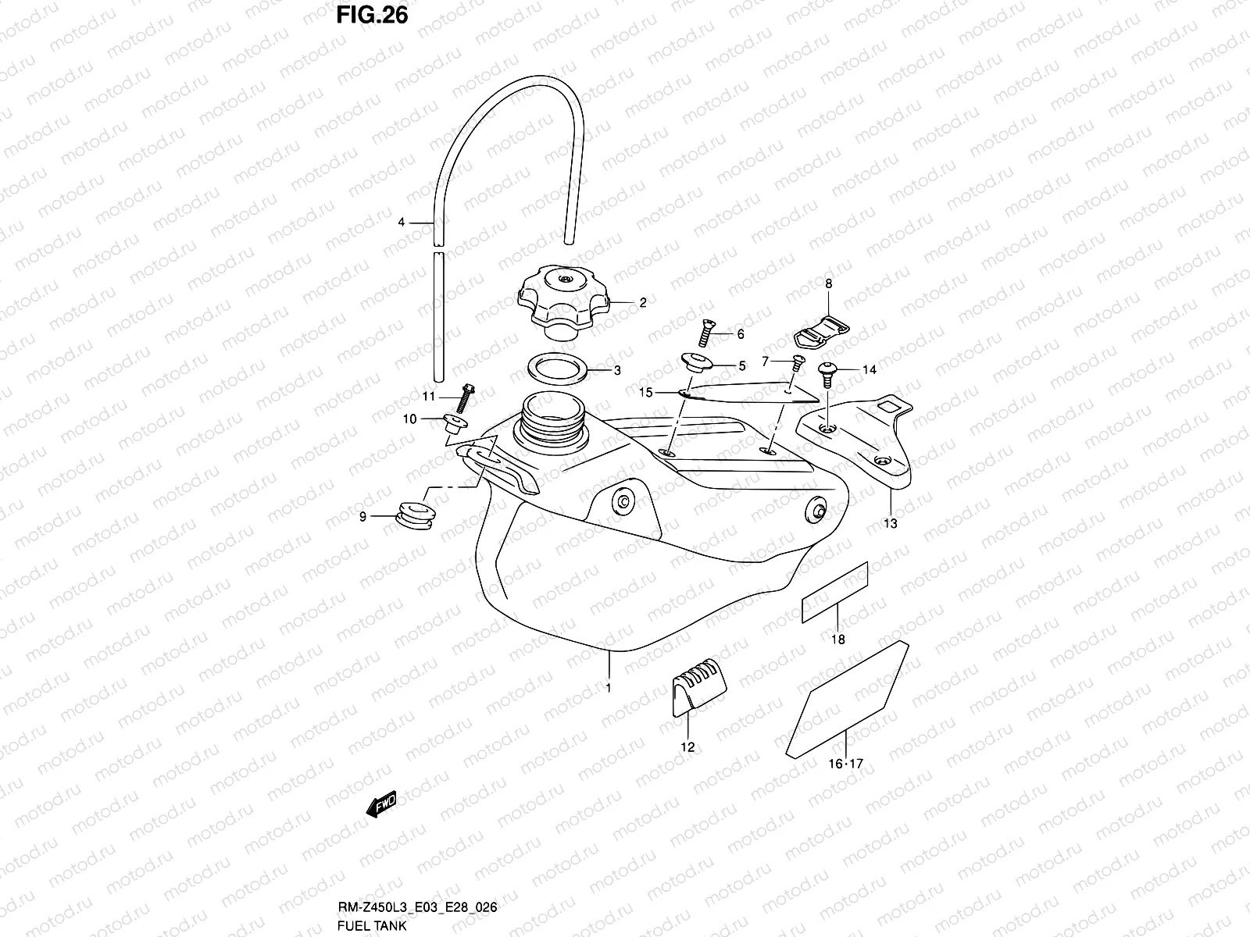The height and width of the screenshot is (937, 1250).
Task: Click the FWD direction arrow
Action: (382, 803)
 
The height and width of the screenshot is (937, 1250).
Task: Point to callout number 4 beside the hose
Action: (402, 223)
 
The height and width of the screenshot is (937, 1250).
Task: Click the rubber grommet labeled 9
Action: (417, 517)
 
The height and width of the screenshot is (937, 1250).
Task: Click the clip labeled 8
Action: (819, 332)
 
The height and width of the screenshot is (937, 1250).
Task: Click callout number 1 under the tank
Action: (609, 688)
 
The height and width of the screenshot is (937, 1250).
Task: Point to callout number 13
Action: (890, 524)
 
